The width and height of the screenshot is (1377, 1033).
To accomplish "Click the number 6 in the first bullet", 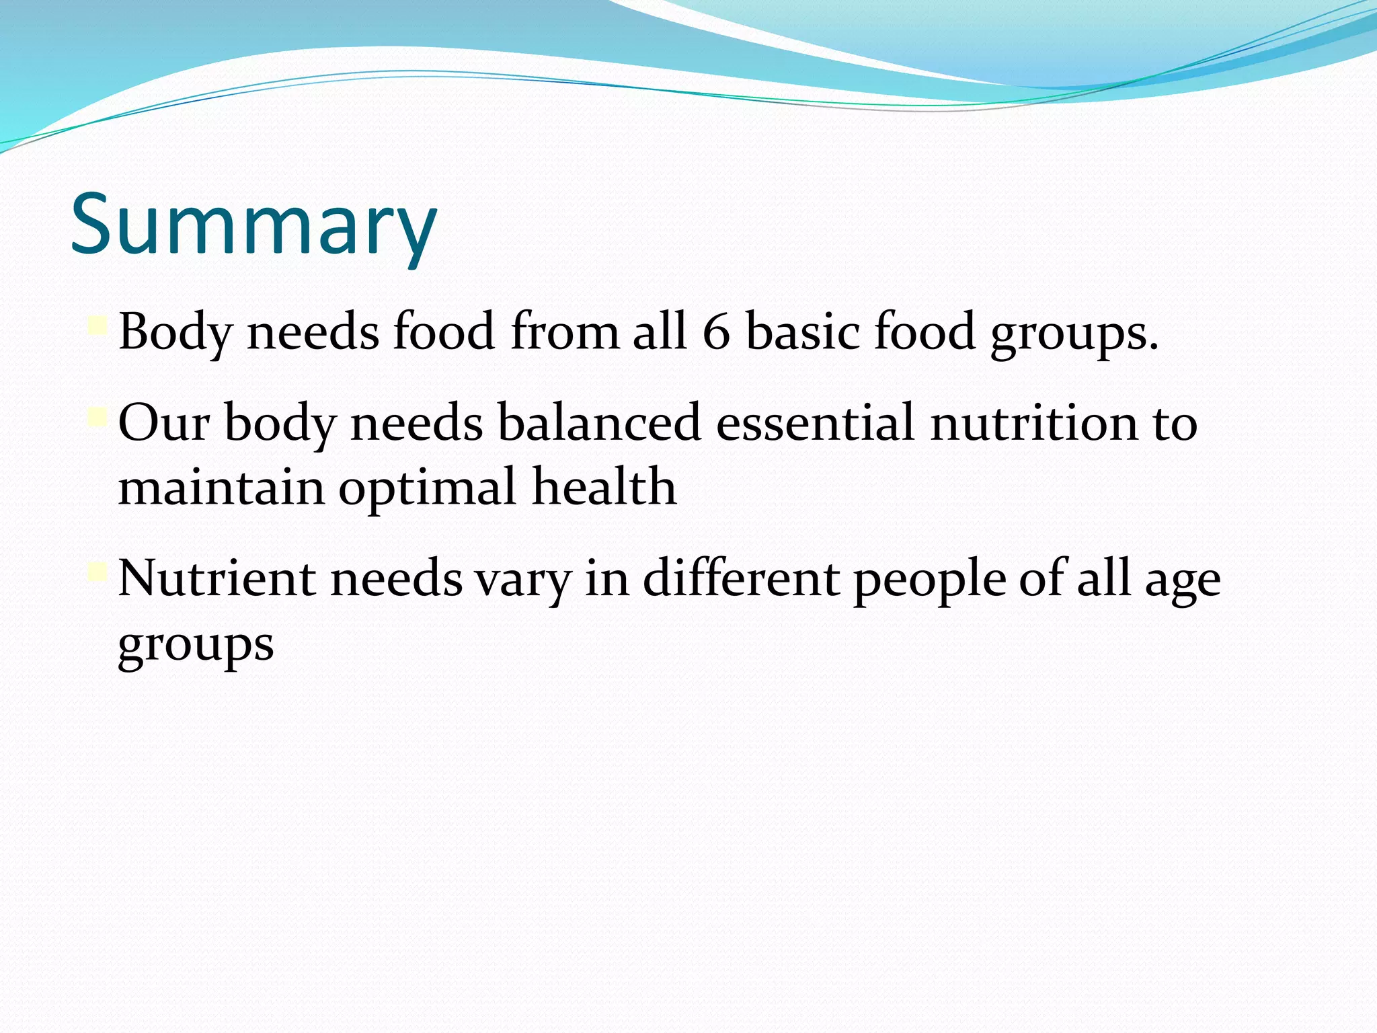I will coord(716,332).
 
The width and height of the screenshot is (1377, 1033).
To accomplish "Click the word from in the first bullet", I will coord(564,332).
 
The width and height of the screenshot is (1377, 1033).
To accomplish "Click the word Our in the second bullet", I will coord(163,423).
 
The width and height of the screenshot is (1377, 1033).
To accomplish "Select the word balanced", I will coord(599,423).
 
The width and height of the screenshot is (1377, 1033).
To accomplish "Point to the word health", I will coord(604,486).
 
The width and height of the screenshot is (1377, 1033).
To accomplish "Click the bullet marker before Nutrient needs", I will coord(97,573).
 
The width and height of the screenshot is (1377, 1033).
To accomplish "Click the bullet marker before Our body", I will coord(97,418).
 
